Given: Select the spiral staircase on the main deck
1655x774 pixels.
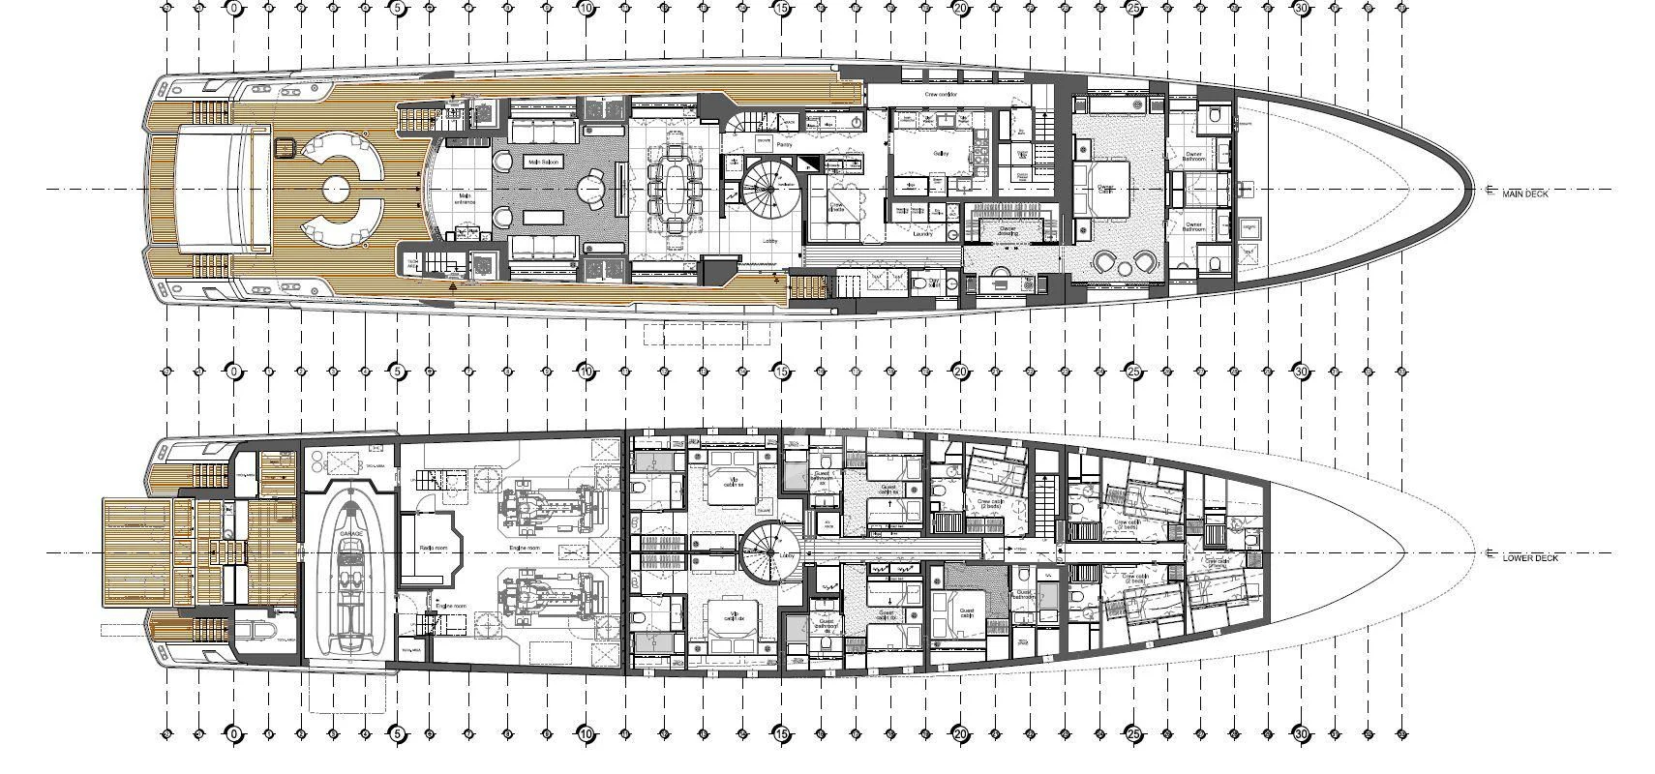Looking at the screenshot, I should click(x=767, y=188).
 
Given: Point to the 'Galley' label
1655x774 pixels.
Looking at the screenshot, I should click(x=940, y=154).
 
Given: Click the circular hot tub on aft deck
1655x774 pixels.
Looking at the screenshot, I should click(x=336, y=188).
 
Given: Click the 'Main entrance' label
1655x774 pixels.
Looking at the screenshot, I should click(x=465, y=200).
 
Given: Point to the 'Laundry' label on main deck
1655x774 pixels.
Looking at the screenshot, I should click(x=921, y=233).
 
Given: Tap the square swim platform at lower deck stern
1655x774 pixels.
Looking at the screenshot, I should click(x=135, y=551).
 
